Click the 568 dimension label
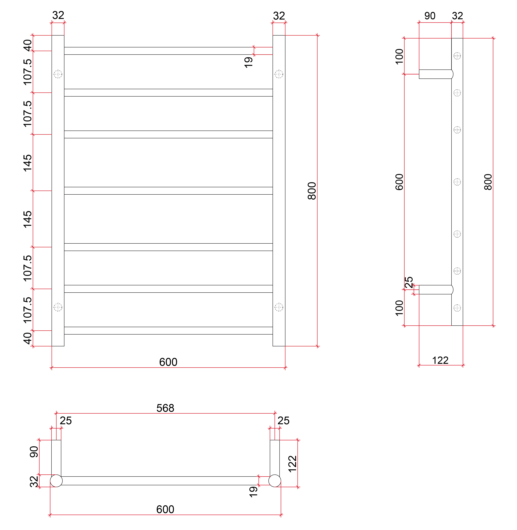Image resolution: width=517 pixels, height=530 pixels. [165, 408]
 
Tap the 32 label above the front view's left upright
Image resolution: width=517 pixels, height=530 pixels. [58, 15]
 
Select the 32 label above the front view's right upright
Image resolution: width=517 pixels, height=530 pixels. [279, 16]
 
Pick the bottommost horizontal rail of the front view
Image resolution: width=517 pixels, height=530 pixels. [168, 331]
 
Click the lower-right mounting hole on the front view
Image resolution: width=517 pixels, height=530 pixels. [279, 307]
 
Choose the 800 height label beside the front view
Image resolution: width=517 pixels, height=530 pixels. [312, 191]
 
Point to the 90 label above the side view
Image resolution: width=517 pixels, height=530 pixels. [430, 16]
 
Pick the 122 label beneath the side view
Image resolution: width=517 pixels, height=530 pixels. [440, 361]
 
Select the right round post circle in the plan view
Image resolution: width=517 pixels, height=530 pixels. [275, 481]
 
